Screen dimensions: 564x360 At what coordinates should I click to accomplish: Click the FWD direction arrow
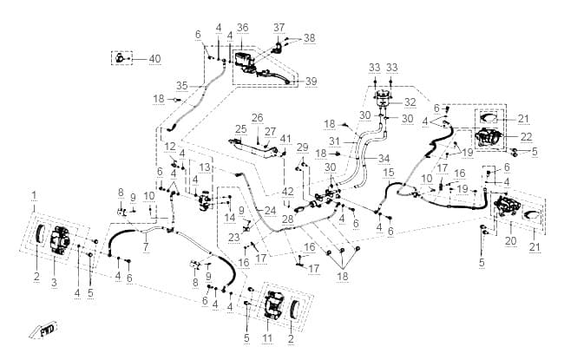coord(44,331)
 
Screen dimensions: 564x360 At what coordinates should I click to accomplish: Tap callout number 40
coord(154,59)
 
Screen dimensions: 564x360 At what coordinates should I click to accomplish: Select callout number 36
coord(243,28)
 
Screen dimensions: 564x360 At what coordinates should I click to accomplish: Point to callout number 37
coord(279,28)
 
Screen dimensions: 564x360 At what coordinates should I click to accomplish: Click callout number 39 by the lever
coord(312,82)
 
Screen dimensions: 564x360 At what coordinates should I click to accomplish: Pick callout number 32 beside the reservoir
coord(410,102)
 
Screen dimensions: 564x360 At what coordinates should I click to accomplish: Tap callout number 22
coord(526,137)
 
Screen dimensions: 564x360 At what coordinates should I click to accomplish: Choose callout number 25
coord(241,128)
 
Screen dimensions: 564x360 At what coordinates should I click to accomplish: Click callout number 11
coord(267,338)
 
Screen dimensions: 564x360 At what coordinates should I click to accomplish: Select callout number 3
coord(54,282)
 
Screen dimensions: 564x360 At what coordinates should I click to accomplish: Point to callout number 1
coord(34,196)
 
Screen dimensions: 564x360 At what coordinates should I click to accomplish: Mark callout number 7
coord(146,246)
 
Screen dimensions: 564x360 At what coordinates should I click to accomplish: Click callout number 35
coord(182,86)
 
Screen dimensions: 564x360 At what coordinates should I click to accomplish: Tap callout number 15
coord(389,173)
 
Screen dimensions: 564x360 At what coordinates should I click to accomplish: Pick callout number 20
coord(511,241)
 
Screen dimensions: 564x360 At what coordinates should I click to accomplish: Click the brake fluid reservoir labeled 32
coord(383,97)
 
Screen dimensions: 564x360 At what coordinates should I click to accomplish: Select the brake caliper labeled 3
coord(57,241)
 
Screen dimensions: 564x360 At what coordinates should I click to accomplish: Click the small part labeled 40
coord(120,57)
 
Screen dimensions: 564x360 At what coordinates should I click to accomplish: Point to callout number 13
coord(204,167)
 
